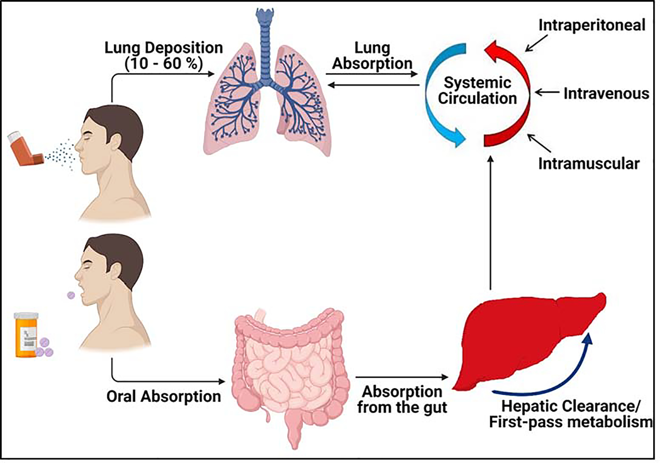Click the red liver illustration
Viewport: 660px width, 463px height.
click(x=524, y=344)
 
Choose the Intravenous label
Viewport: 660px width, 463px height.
click(x=606, y=94)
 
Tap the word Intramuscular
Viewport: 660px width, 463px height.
click(x=589, y=164)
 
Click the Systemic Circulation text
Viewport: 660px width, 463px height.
click(x=477, y=90)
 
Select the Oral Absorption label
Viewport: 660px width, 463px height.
click(x=163, y=396)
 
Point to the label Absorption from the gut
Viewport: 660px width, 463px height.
click(x=402, y=400)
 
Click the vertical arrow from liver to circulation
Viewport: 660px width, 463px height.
click(x=490, y=224)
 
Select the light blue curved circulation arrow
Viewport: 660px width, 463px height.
click(x=437, y=98)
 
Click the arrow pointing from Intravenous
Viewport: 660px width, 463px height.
click(x=547, y=93)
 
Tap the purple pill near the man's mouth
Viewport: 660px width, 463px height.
click(x=71, y=295)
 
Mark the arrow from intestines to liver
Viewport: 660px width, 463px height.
click(x=401, y=377)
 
